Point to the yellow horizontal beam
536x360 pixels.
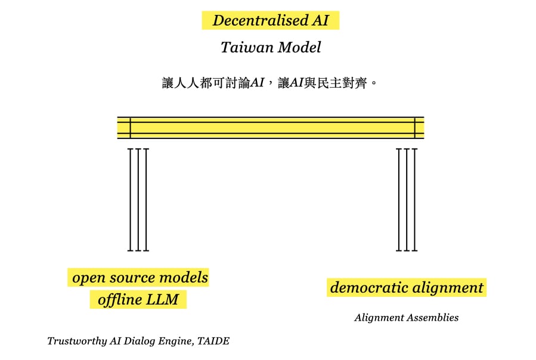pos(271,128)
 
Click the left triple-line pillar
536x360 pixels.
pos(138,200)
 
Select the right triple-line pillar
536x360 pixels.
pos(407,200)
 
